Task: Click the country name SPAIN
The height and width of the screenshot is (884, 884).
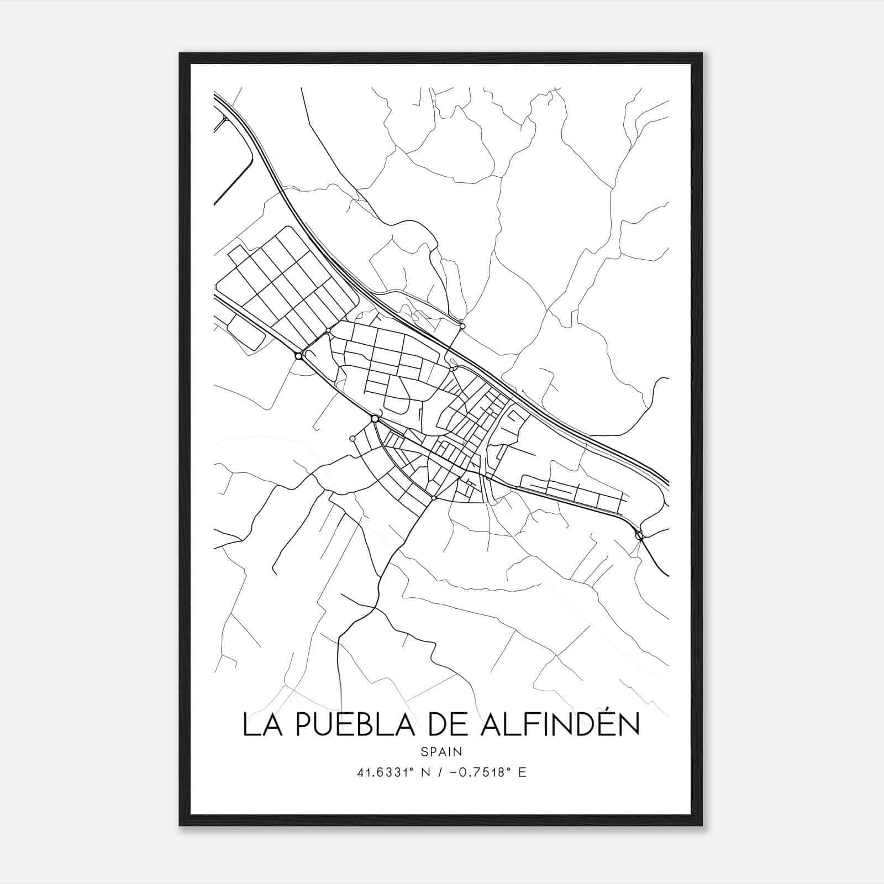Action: coord(441,751)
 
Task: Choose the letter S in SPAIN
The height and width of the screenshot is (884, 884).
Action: coord(424,751)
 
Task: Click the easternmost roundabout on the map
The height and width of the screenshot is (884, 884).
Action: coord(639,534)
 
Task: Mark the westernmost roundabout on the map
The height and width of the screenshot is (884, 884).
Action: coord(299,356)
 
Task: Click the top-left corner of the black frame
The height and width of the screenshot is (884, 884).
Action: coord(180,54)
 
